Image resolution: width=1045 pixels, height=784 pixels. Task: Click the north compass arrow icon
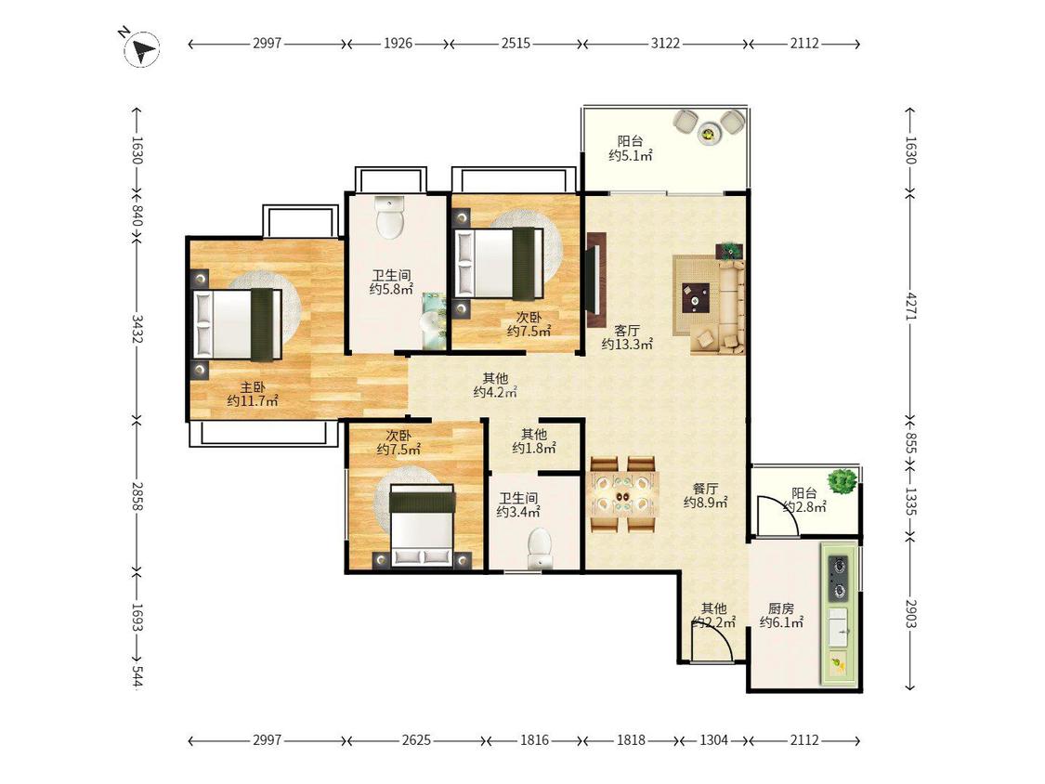coord(142,48)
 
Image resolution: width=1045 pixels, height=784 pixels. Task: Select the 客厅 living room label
coord(627,330)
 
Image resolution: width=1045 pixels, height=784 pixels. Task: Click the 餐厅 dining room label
coord(705,488)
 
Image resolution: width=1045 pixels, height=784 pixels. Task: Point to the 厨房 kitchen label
coord(781,608)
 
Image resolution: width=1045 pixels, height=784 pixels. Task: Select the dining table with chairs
coord(623,495)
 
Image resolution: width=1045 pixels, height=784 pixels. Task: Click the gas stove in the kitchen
coord(839,578)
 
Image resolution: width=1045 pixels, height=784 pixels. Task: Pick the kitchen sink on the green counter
coord(839,627)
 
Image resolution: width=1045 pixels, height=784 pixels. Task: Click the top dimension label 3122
coord(665,44)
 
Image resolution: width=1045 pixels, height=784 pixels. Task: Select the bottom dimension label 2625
coord(416,740)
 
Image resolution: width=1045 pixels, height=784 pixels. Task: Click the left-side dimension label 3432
coord(137,329)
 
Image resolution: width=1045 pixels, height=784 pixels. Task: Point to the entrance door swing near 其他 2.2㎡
coord(712,642)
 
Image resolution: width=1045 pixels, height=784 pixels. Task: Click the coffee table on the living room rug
coord(696,296)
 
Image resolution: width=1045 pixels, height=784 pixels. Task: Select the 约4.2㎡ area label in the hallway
coord(495,393)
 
